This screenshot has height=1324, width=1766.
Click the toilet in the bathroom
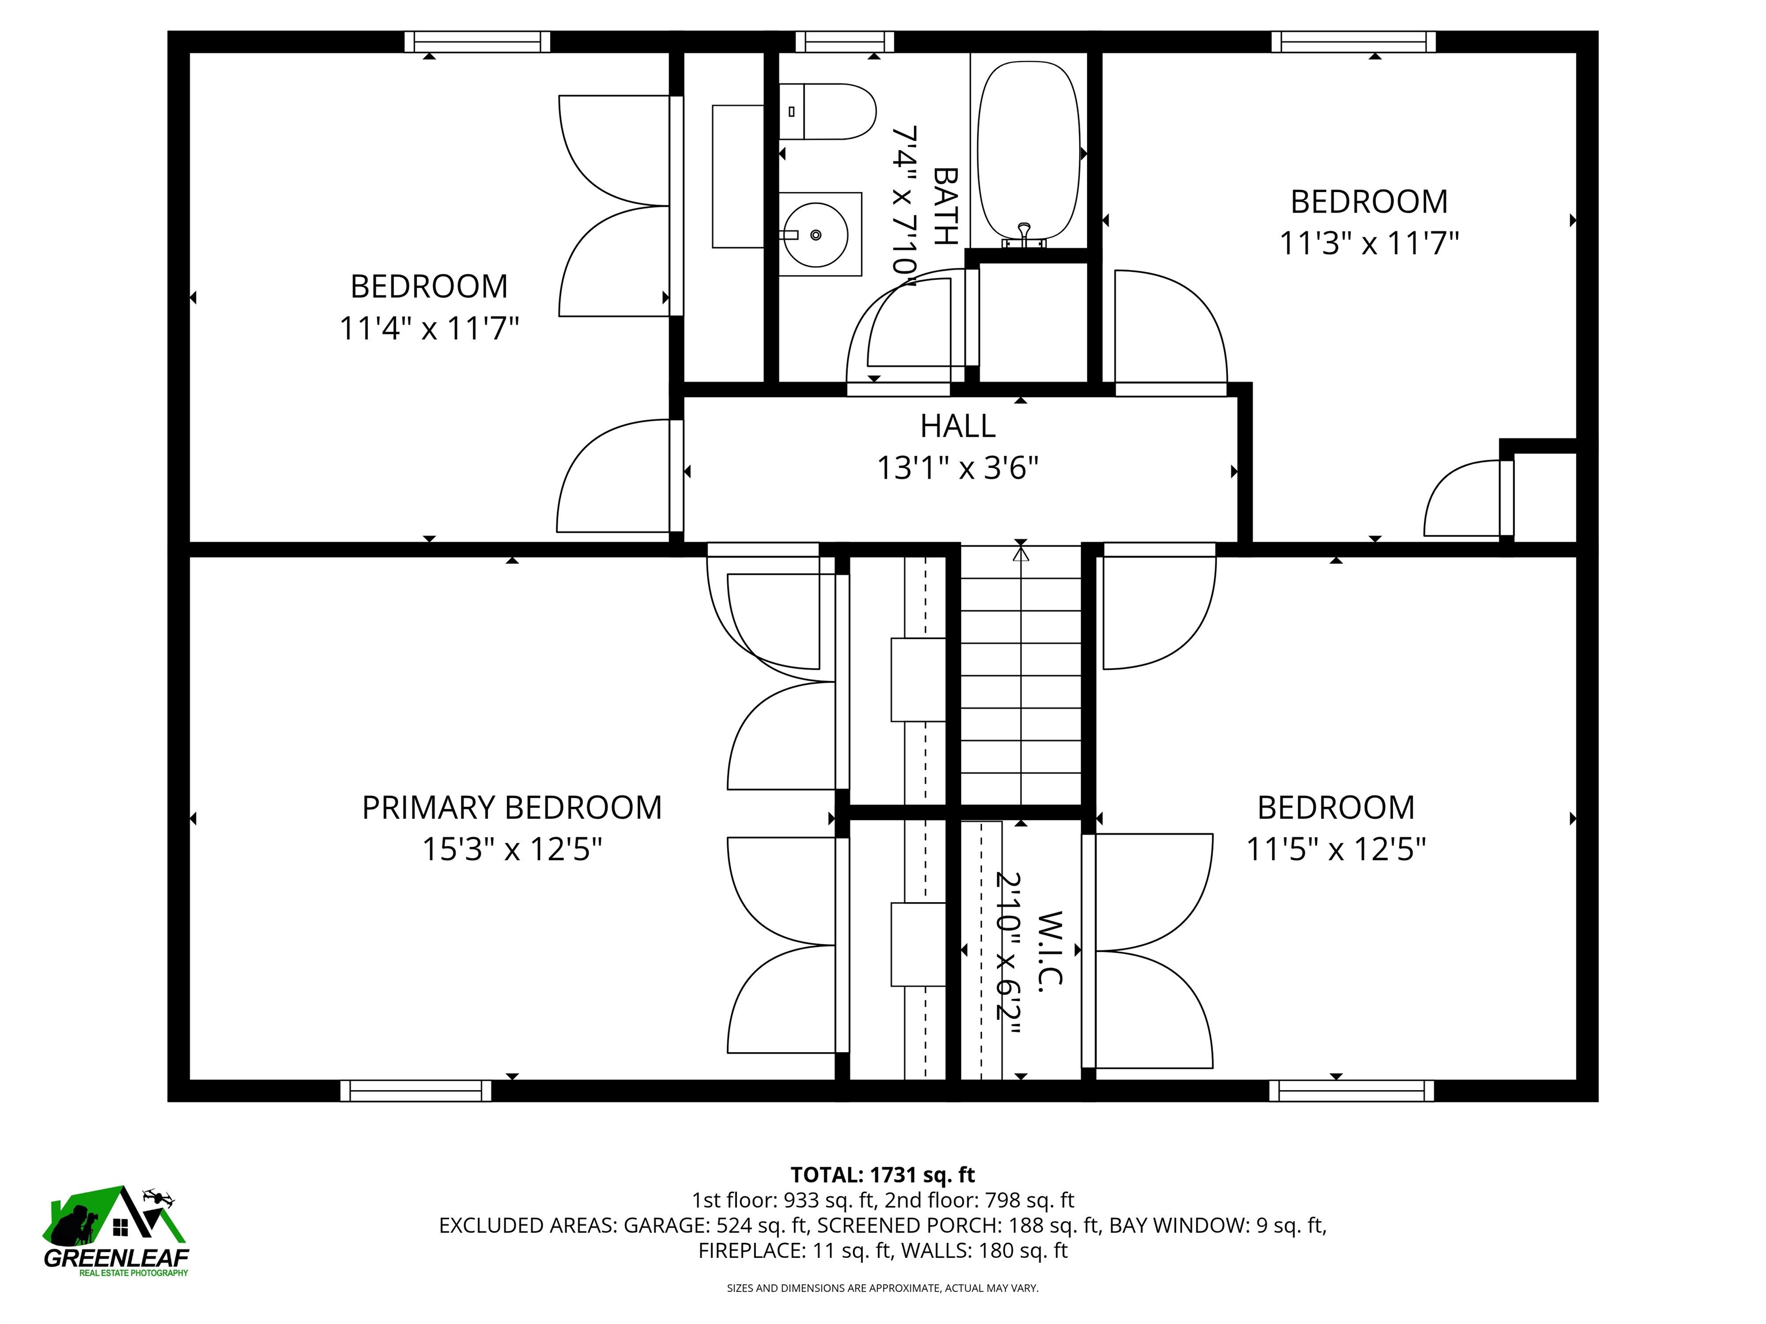(830, 111)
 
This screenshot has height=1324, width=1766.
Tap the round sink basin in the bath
(815, 236)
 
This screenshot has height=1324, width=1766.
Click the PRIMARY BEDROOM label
(512, 807)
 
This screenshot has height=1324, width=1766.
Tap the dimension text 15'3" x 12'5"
(512, 850)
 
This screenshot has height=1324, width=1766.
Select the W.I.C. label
(1051, 950)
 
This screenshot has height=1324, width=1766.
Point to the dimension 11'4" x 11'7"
(429, 328)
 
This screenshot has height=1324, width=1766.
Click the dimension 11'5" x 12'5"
(1335, 850)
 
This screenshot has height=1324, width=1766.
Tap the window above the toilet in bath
(844, 41)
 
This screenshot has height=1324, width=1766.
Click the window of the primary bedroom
(416, 1091)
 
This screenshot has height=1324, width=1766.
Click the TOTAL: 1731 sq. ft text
(882, 1175)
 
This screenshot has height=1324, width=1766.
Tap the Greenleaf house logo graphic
(116, 1217)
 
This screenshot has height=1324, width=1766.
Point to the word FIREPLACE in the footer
(750, 1250)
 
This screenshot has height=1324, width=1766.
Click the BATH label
(945, 205)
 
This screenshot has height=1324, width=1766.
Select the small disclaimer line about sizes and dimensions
(882, 1288)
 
